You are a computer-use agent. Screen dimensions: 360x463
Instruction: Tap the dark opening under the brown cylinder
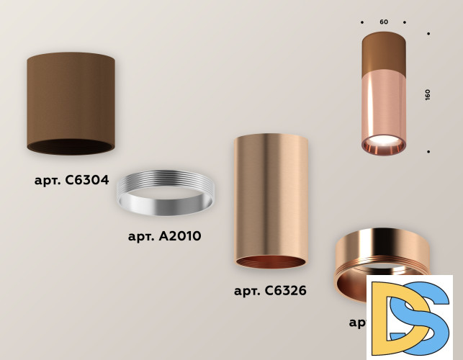(71, 145)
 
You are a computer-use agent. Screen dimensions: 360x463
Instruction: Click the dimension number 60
(384, 22)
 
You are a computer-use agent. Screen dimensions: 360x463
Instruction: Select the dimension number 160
(428, 94)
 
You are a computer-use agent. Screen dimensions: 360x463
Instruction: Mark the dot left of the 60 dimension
(362, 22)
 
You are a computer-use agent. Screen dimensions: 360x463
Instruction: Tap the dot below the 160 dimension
(428, 152)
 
